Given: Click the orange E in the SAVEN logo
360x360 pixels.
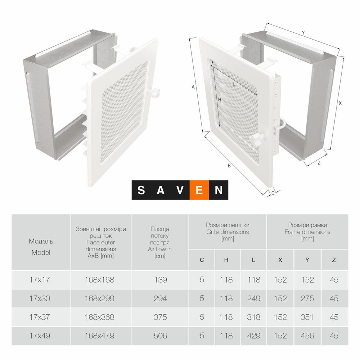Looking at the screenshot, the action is point(199,190).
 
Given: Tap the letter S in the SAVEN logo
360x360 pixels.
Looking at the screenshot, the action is point(141,190).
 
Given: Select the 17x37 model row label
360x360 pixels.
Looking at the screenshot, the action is point(40,317).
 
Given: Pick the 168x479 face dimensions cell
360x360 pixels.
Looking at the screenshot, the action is point(99,336).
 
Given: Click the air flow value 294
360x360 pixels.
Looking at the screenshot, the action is point(160,298).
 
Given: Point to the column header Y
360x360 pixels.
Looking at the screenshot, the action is point(307,260).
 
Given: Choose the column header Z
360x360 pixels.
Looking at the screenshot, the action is point(334,260).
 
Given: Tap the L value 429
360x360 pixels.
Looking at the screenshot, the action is point(254,336).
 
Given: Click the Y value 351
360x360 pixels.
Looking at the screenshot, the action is point(307,317).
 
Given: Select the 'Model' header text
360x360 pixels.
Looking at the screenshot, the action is point(41,252).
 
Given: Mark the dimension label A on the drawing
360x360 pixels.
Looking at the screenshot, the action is point(193,87).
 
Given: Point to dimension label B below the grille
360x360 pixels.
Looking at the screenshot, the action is point(229,166).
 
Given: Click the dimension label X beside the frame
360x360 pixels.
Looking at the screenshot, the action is point(340,103).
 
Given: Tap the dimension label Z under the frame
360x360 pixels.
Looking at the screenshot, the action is point(319,163).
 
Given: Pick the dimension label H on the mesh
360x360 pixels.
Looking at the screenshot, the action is point(220,100).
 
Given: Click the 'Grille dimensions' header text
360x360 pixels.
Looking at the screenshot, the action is point(228,232).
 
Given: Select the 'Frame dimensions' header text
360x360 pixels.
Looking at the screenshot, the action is point(307,232).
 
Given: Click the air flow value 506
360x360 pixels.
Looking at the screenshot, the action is point(160,336).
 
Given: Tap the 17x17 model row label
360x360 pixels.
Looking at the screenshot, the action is point(40,280).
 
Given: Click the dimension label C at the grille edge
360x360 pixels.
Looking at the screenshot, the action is point(273,193).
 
